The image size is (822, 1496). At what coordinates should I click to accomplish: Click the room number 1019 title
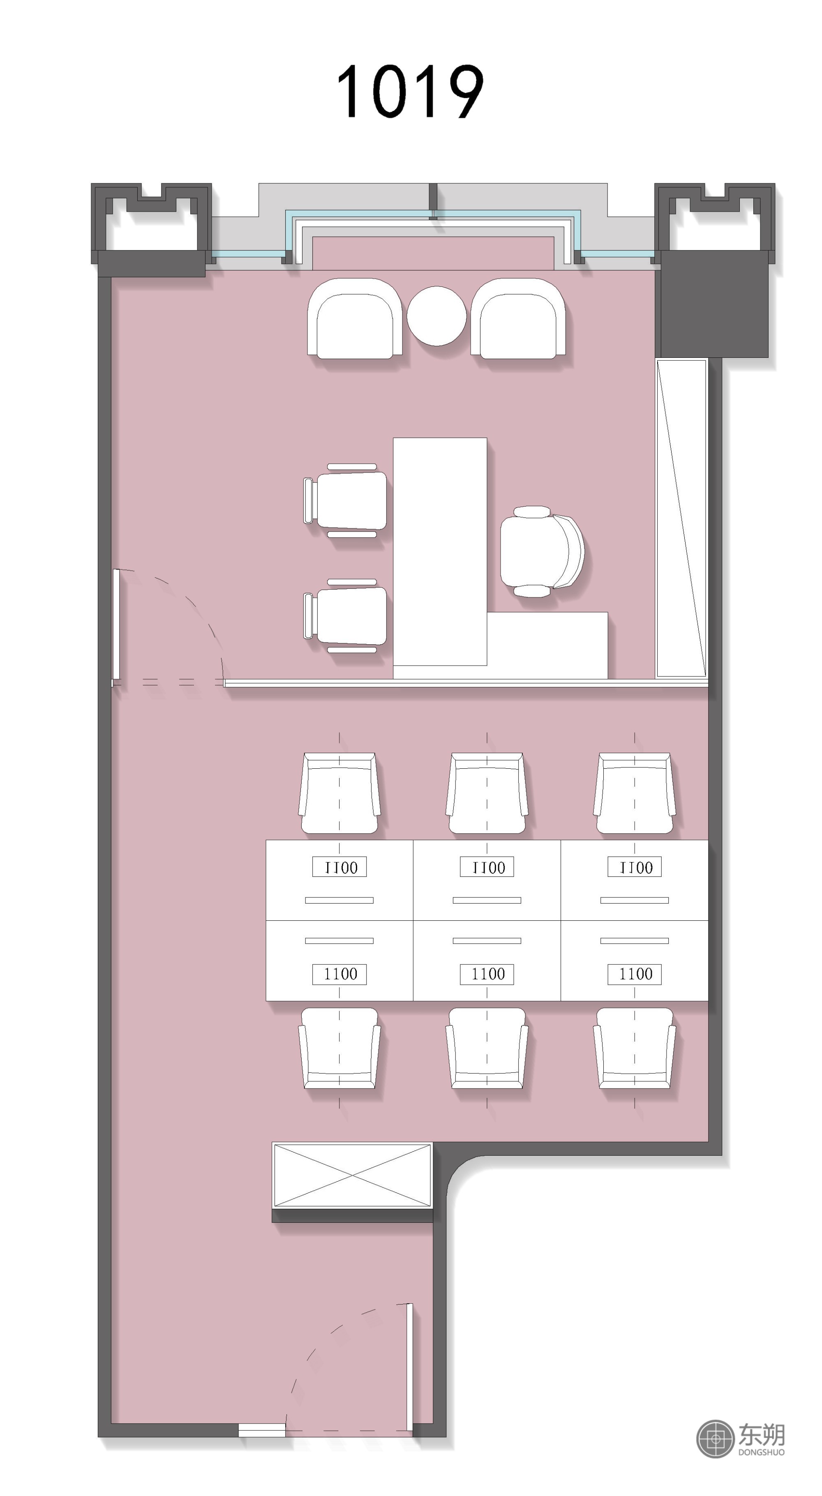(x=410, y=92)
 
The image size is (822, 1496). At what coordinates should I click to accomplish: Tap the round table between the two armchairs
(x=436, y=316)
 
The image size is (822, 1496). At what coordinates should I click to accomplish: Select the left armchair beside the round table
(x=355, y=318)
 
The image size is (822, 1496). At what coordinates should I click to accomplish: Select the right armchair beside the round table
(x=518, y=318)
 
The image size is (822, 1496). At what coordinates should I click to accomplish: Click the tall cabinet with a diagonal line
(x=681, y=519)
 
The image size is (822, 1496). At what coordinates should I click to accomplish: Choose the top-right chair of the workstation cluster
(x=634, y=793)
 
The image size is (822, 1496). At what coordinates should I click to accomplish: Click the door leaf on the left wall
(x=116, y=624)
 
